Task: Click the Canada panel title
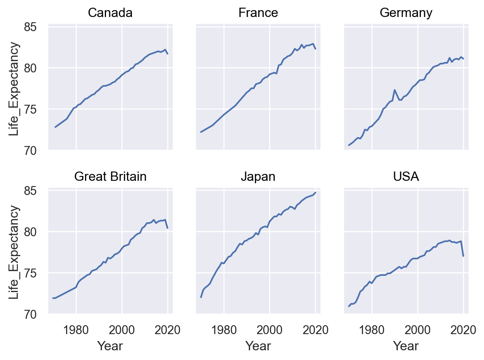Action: [110, 13]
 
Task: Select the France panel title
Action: [258, 13]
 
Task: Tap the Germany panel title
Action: [406, 13]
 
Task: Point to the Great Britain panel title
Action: [110, 177]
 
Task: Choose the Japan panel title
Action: [258, 177]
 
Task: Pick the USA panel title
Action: [406, 177]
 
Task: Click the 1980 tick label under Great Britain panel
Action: [76, 330]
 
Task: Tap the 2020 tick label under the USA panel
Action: [463, 330]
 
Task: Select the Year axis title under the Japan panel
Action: [258, 346]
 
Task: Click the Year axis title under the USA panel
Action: [406, 346]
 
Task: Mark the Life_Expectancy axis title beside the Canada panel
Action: [14, 89]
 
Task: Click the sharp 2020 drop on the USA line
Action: [463, 256]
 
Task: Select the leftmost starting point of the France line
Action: [201, 132]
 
